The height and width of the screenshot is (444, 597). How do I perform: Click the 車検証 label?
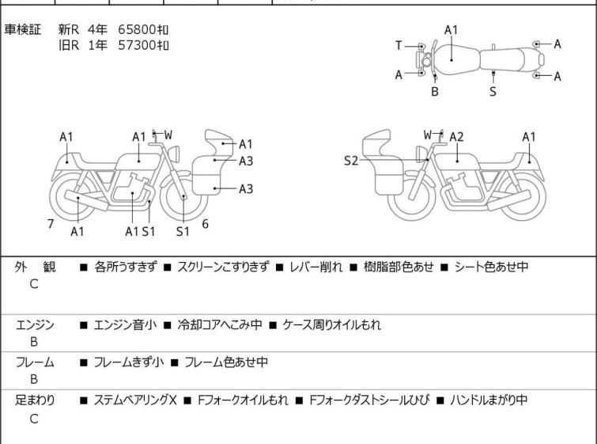(x=23, y=29)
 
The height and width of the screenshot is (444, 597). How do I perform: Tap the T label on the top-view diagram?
(x=399, y=45)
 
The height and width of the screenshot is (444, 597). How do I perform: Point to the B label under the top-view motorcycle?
(x=435, y=91)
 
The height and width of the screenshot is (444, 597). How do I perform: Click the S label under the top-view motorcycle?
(x=493, y=91)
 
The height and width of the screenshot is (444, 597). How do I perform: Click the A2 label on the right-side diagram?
(x=457, y=137)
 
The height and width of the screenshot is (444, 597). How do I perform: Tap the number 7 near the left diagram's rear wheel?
(x=51, y=224)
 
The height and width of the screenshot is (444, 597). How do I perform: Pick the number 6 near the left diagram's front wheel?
(x=205, y=224)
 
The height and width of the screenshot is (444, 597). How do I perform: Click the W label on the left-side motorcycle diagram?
(x=168, y=135)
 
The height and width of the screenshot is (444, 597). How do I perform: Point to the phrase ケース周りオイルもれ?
(x=332, y=324)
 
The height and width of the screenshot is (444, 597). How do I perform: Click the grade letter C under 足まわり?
(x=34, y=419)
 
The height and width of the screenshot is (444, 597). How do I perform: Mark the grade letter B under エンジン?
(x=34, y=342)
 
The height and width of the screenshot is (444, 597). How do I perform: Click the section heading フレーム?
(x=35, y=362)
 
